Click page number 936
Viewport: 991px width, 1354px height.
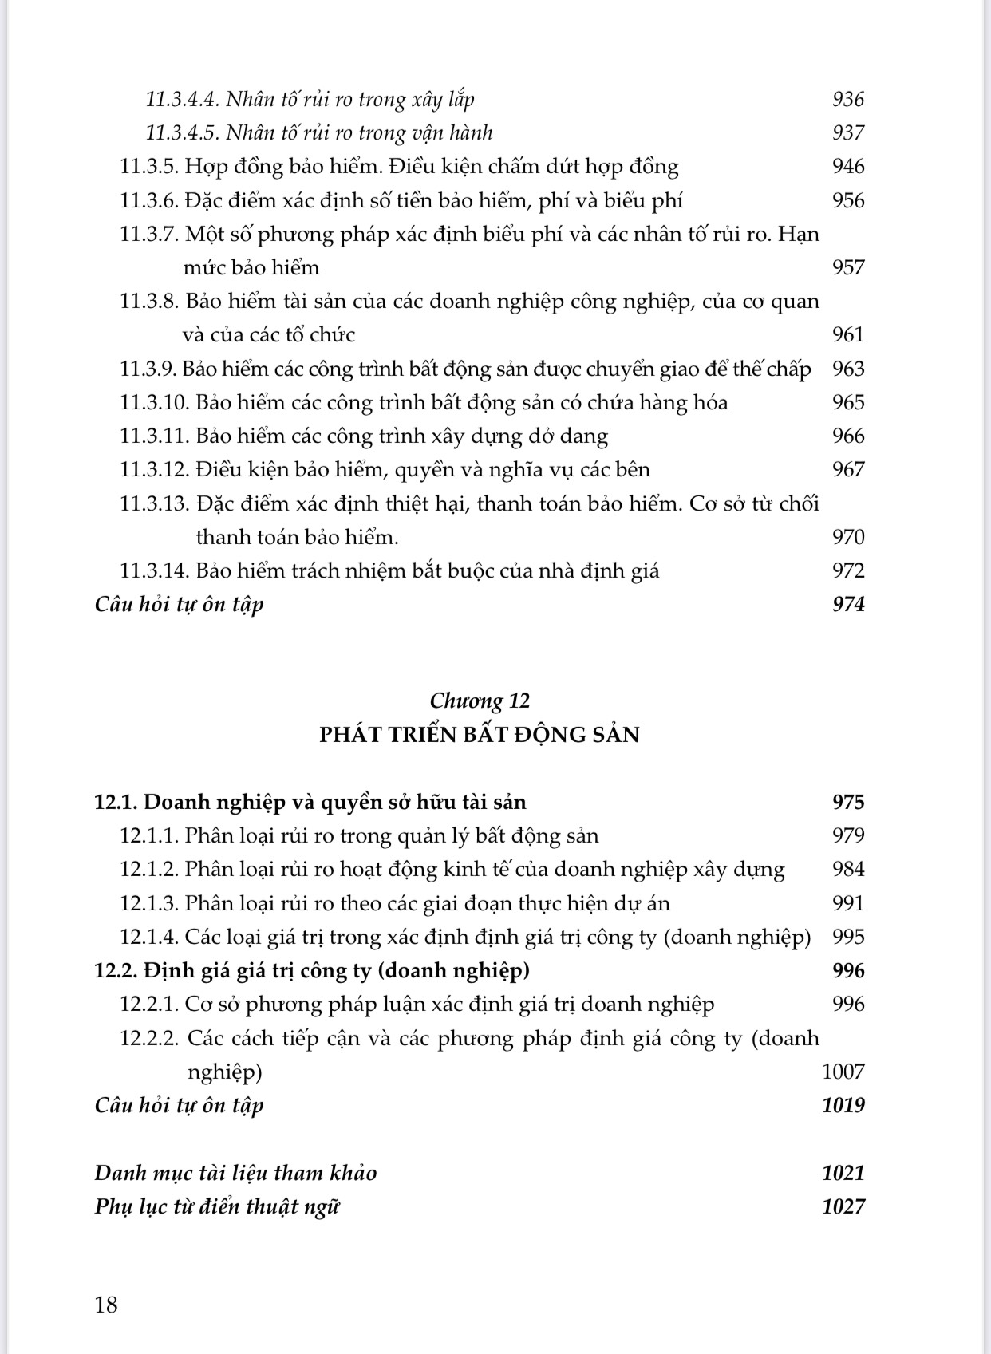click(x=847, y=99)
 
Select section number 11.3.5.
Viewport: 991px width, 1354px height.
click(x=148, y=167)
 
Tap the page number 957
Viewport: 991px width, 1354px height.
click(x=847, y=267)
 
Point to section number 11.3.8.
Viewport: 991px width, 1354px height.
click(x=148, y=302)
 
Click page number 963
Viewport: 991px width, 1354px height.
click(x=847, y=369)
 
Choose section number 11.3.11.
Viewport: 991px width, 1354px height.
click(x=154, y=436)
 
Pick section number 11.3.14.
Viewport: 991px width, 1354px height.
click(x=154, y=571)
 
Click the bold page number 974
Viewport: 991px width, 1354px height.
click(x=847, y=605)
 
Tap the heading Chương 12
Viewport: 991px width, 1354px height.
click(x=480, y=701)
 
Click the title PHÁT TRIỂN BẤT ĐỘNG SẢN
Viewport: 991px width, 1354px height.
click(x=480, y=734)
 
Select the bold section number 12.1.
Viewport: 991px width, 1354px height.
click(x=116, y=802)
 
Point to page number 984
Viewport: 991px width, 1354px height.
click(x=847, y=869)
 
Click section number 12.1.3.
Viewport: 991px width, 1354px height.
click(x=148, y=903)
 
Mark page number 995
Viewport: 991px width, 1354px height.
click(x=847, y=937)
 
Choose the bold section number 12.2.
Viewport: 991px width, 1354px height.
click(x=116, y=970)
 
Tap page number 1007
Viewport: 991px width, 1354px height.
click(x=843, y=1072)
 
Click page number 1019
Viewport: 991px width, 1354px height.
click(x=843, y=1105)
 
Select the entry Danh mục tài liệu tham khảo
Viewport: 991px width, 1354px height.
click(x=235, y=1173)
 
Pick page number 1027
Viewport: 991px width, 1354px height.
click(x=843, y=1206)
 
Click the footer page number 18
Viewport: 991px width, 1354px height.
click(x=106, y=1305)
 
